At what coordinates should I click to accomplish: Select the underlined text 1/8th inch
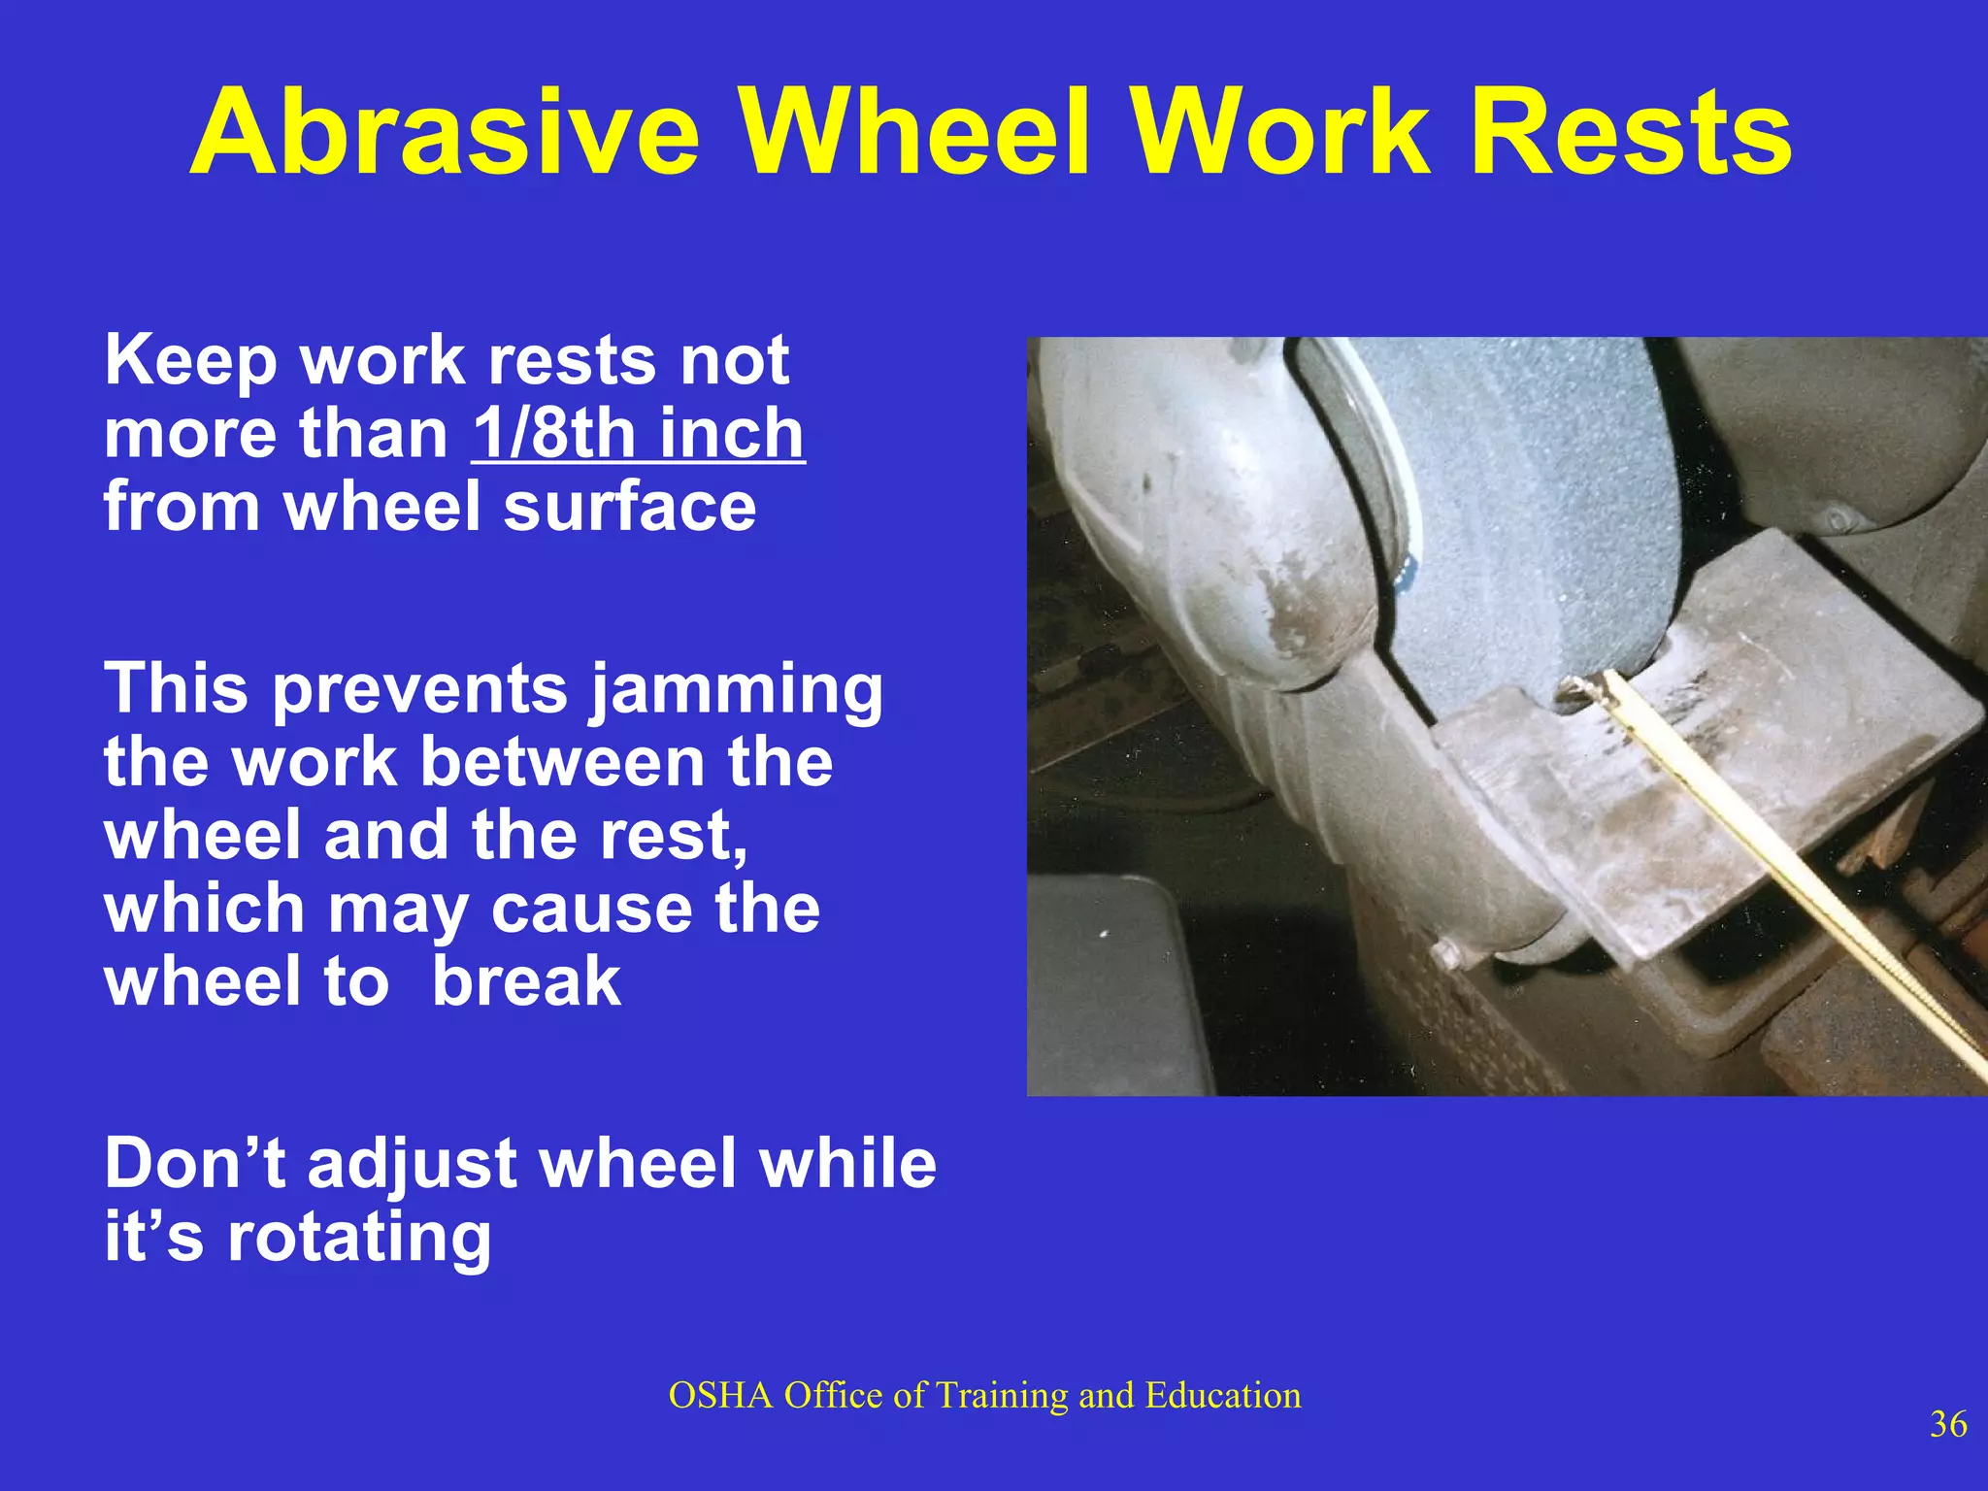coord(638,434)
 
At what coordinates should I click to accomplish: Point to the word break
coord(525,981)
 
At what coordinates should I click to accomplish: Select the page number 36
coord(1948,1424)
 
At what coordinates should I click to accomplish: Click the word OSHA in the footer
coord(720,1395)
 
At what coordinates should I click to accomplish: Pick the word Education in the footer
coord(1222,1395)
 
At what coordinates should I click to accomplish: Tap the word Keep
coord(191,361)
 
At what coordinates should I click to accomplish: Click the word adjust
coord(412,1165)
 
